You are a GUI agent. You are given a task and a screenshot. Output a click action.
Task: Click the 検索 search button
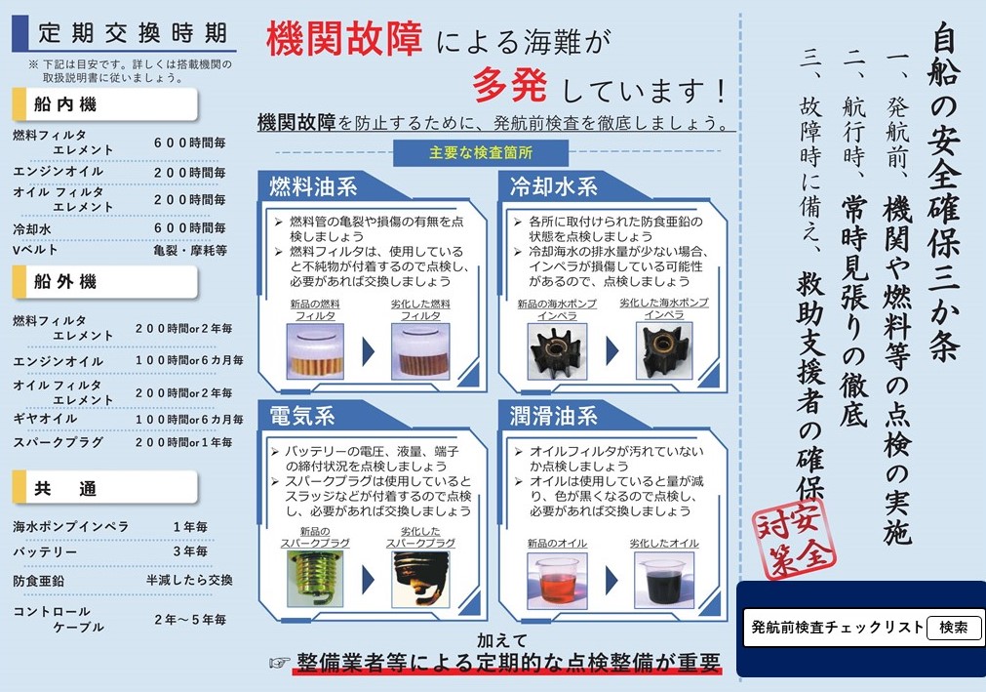(954, 628)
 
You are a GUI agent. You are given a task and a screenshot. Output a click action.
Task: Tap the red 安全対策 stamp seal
(795, 539)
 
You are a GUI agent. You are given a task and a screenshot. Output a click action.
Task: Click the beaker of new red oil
(557, 581)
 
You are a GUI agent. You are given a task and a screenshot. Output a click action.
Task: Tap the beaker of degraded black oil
(664, 581)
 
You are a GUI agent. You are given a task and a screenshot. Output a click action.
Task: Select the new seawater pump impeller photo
(557, 351)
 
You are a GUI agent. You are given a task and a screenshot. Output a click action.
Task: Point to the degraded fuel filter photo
(420, 351)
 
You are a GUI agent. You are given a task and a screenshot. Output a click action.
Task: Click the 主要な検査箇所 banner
(481, 153)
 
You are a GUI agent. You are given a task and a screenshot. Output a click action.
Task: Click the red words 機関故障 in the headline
(344, 38)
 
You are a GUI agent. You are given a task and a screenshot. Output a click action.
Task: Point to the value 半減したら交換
(189, 580)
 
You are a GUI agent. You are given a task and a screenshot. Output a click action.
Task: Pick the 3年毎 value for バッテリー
(190, 551)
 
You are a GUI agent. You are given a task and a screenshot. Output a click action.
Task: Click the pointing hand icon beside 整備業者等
(280, 663)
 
